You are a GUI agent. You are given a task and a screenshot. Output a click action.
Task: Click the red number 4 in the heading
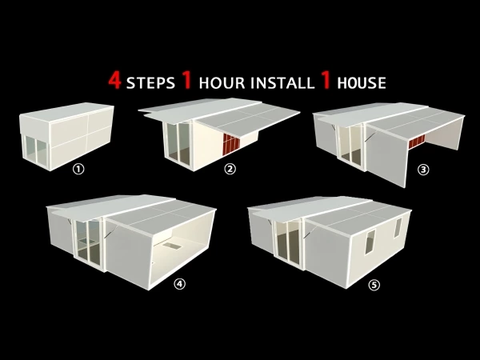pos(114,81)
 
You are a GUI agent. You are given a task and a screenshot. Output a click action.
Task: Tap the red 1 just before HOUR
pos(187,81)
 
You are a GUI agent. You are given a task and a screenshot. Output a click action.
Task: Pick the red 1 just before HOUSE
pos(327,81)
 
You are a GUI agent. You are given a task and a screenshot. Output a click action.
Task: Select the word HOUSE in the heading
pos(362,82)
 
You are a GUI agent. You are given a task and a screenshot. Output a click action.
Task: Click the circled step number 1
pos(78,169)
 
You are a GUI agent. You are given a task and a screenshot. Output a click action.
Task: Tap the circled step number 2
pos(230,169)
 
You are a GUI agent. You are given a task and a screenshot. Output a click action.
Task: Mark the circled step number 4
pos(179,282)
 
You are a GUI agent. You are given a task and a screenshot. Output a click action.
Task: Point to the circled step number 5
pos(374,284)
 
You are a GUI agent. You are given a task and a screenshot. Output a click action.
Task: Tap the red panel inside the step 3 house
pos(417,144)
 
